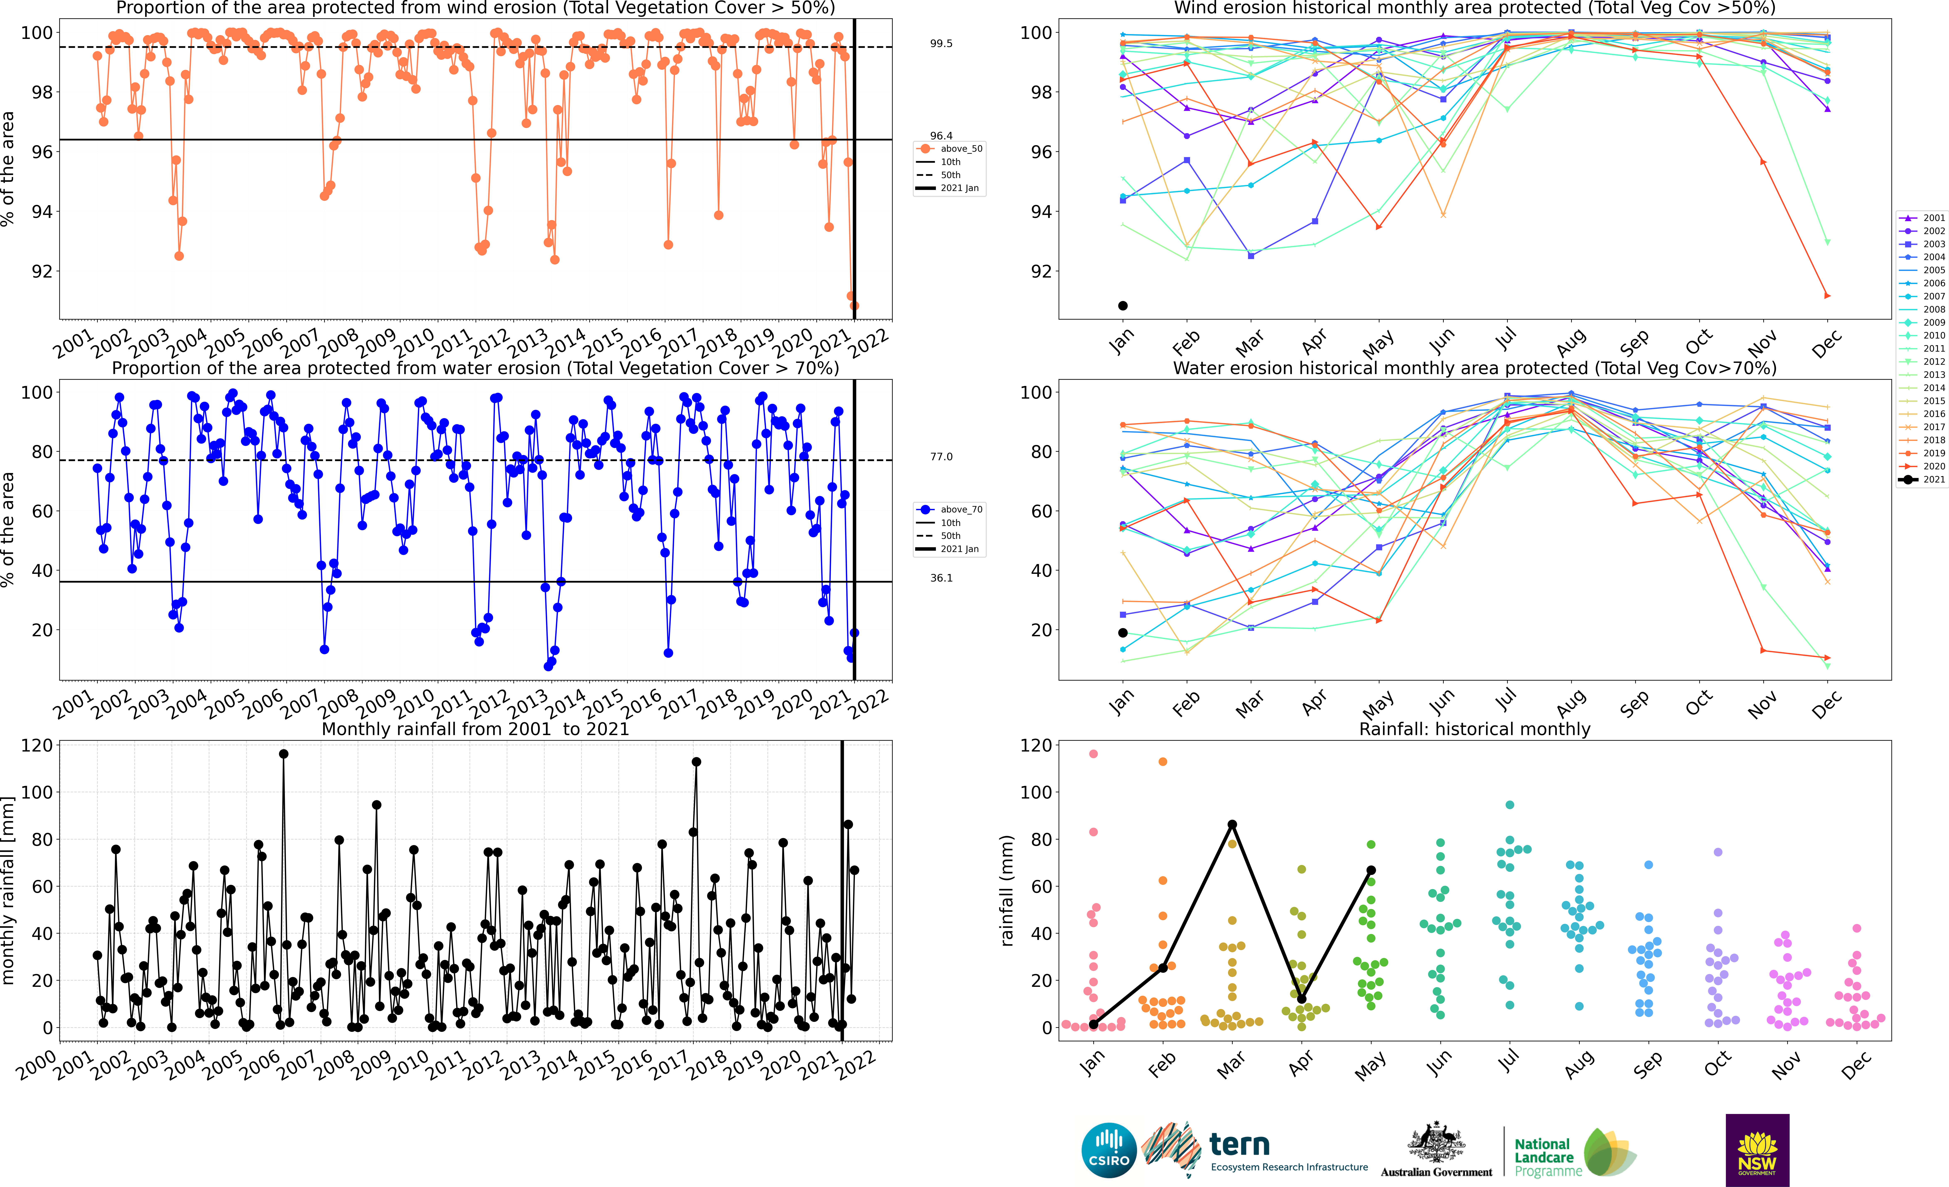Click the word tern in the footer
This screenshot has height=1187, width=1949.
(1240, 1144)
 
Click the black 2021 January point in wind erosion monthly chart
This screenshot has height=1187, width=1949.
(1122, 305)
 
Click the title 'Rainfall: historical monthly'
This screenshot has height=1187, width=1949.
(1474, 729)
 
